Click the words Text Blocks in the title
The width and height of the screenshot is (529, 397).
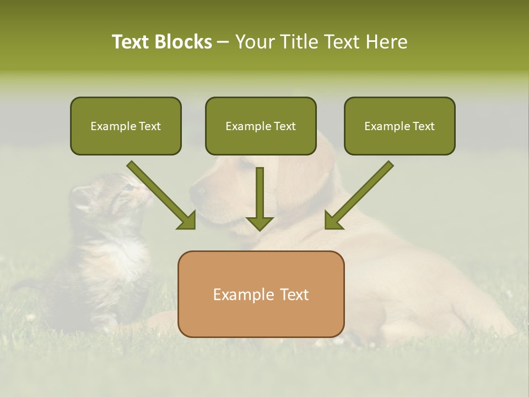coord(162,42)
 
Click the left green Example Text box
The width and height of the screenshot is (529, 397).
coord(126,126)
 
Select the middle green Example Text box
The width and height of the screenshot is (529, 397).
coord(261,126)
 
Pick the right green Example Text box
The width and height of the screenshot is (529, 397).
coord(400,126)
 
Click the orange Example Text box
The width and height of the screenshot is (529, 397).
coord(261,294)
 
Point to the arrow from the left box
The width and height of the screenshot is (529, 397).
coord(163,196)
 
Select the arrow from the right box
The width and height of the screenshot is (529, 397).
coord(358,196)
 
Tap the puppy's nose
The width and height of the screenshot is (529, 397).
coord(197,192)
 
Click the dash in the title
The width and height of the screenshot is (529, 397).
coord(223,42)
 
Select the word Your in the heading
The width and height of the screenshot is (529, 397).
coord(253,42)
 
